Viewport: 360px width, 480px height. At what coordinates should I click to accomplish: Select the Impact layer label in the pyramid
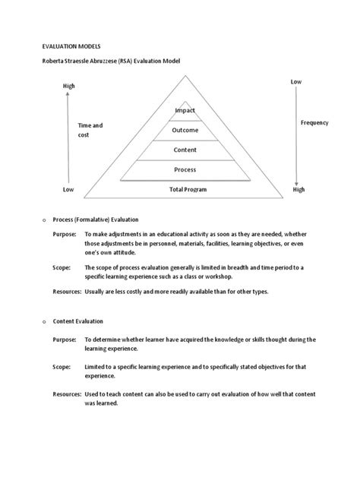(x=185, y=111)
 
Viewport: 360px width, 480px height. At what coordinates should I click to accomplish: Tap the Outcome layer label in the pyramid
(x=185, y=131)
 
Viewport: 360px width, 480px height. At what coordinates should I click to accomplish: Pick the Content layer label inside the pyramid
(x=185, y=150)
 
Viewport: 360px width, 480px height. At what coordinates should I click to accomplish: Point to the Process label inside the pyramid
(x=185, y=169)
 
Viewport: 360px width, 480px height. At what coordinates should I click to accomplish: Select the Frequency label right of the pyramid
(x=314, y=122)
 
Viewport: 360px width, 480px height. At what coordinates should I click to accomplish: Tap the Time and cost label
(x=90, y=130)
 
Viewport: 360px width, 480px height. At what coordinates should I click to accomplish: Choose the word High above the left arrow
(x=69, y=86)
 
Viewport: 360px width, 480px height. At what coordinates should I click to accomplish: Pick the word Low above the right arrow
(x=296, y=81)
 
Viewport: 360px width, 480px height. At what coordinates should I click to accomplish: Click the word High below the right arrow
(x=298, y=190)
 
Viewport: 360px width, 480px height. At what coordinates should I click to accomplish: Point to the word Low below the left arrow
(x=68, y=190)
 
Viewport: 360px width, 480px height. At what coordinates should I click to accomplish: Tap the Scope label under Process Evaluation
(x=62, y=268)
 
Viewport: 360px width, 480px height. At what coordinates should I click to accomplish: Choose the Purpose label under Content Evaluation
(x=65, y=339)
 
